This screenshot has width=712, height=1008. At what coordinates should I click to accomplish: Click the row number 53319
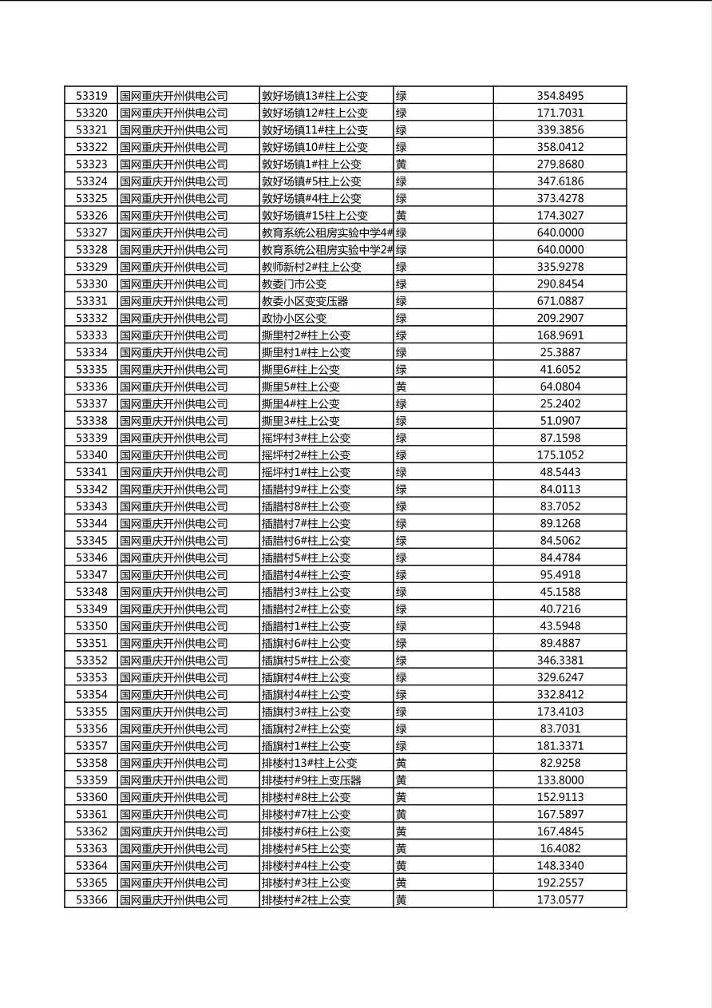[92, 96]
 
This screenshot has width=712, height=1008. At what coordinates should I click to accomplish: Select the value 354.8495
[560, 96]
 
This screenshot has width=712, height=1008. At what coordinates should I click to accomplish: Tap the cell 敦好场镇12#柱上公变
[315, 113]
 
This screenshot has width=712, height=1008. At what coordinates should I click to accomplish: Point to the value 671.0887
[560, 301]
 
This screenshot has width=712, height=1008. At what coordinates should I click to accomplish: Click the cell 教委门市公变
[295, 284]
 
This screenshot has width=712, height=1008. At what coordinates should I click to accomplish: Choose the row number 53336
[92, 387]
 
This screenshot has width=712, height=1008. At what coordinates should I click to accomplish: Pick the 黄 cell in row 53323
[401, 165]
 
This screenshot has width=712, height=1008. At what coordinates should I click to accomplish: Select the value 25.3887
[560, 352]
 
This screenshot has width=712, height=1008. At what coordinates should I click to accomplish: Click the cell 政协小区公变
[295, 319]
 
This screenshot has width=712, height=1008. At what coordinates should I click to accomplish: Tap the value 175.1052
[560, 455]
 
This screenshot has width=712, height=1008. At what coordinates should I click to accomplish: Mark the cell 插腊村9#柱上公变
[307, 490]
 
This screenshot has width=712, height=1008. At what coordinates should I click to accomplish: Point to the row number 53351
[92, 643]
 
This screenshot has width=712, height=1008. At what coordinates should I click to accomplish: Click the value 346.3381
[560, 661]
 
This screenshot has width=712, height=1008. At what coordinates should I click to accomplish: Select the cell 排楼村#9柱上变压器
[311, 780]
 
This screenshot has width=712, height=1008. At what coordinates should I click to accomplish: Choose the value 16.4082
[560, 848]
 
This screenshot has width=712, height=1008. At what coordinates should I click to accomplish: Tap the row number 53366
[92, 900]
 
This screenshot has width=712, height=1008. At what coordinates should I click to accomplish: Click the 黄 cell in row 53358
[401, 763]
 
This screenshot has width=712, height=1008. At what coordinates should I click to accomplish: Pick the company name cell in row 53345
[174, 541]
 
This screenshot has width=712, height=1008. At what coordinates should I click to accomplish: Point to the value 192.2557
[560, 883]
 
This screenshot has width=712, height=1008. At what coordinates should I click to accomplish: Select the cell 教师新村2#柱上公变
[312, 267]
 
